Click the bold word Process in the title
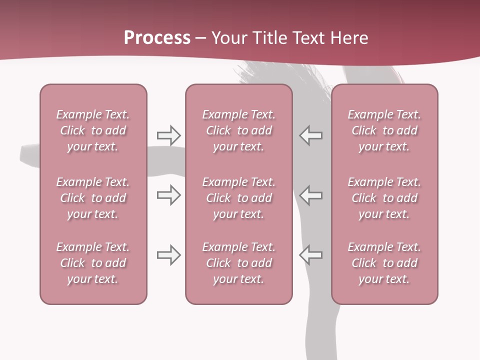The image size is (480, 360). tap(157, 38)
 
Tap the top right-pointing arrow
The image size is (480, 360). tap(168, 135)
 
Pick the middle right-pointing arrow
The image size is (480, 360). tap(168, 195)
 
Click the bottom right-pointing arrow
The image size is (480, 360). tap(168, 255)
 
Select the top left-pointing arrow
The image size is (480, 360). tap(310, 135)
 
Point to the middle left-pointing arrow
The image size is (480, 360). tap(310, 195)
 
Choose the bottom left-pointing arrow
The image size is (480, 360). tap(310, 255)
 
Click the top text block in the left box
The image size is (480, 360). tap(93, 130)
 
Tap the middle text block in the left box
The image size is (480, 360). tap(93, 198)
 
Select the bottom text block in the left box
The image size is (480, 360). tap(93, 263)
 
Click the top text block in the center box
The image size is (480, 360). tap(238, 130)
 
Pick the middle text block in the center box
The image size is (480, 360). tap(238, 198)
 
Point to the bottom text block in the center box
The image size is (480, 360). tap(238, 263)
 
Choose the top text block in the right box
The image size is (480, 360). tap(384, 130)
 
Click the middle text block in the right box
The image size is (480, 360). tap(384, 198)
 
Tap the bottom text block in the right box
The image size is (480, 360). tap(384, 263)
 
